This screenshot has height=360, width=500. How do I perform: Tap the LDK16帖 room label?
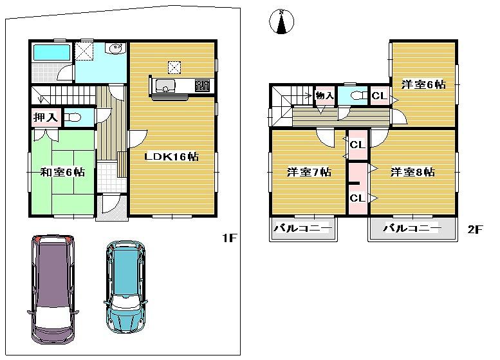point(171,156)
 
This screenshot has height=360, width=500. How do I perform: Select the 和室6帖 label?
point(62,172)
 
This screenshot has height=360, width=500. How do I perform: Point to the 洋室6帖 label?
point(424,84)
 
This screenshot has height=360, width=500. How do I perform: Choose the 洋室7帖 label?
point(309,173)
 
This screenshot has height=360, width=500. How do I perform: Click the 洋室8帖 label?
point(412,173)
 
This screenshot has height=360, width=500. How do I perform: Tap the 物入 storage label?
point(324,96)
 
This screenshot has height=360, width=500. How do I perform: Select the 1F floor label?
point(230,238)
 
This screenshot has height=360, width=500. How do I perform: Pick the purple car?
point(53,288)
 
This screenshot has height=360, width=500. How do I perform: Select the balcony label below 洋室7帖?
point(302,229)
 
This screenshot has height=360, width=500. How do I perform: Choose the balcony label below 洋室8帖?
point(412,229)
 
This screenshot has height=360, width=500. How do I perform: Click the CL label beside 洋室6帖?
point(379,97)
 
